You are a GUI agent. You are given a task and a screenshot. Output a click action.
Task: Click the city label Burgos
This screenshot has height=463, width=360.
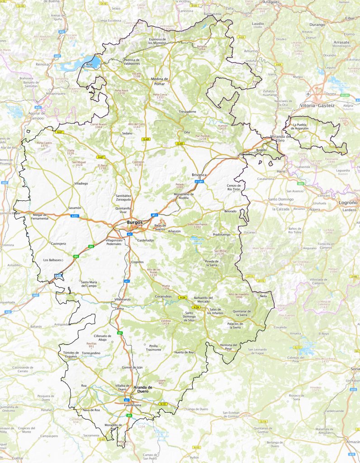(135, 222)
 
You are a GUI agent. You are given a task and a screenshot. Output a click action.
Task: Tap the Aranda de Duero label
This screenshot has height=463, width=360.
(143, 389)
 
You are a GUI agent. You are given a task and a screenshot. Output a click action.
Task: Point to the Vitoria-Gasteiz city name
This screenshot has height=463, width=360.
(317, 105)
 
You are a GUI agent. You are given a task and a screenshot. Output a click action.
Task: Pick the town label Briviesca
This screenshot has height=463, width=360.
(200, 174)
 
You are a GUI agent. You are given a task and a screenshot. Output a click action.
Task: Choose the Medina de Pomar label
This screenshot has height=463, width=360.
(160, 81)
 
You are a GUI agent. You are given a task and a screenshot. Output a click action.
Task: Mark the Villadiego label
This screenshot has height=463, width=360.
(81, 184)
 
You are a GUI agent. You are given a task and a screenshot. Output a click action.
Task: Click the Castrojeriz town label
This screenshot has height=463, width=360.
(58, 243)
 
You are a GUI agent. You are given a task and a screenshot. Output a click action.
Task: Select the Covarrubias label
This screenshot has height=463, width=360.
(164, 297)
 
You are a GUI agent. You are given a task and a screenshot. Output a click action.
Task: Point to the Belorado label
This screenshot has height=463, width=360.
(230, 211)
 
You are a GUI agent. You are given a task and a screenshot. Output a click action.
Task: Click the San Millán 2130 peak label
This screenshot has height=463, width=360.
(219, 252)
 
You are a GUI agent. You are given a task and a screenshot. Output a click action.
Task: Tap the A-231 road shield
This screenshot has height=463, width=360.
(75, 216)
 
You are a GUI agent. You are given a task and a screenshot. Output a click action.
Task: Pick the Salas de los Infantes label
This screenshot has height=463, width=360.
(219, 311)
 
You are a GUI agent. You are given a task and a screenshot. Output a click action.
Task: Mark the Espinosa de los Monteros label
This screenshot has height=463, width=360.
(164, 41)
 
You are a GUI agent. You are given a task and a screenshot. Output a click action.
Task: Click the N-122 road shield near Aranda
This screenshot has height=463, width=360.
(163, 404)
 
